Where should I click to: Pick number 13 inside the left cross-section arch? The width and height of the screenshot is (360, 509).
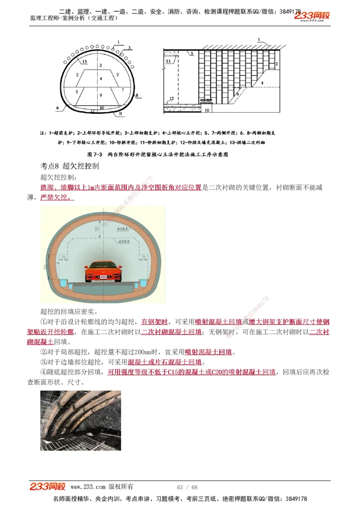84,62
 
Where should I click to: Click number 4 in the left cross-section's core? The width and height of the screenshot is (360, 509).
101,79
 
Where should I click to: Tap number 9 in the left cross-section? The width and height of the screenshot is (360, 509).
101,95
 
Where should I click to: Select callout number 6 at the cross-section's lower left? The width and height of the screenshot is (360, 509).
58,108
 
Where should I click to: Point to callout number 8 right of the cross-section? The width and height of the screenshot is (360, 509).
136,95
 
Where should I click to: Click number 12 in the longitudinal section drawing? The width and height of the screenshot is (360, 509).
171,98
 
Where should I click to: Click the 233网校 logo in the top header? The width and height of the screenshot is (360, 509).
312,16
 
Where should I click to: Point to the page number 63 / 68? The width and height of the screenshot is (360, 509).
187,487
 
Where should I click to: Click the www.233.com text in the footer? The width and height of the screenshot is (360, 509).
88,487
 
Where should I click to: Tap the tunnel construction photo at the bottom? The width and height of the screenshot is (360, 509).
81,420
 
